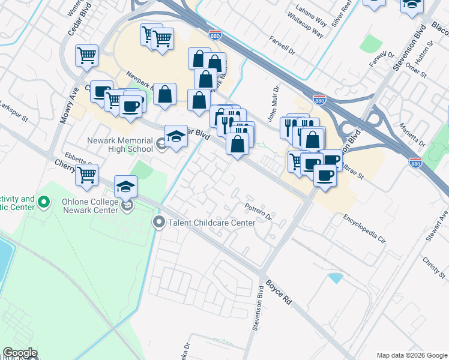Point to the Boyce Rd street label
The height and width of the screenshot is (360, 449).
[279, 289]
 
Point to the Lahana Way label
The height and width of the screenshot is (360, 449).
[311, 14]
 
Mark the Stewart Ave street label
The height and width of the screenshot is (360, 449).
[436, 226]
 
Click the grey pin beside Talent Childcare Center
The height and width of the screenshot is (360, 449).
[159, 223]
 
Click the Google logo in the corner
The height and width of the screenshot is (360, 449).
[19, 353]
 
